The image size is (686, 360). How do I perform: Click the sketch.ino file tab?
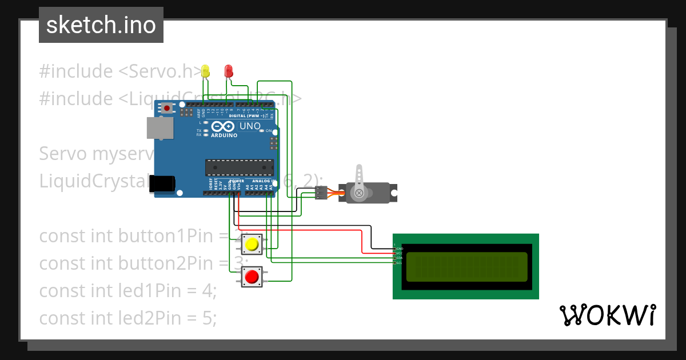pos(101,25)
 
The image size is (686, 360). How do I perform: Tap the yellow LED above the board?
pos(206,71)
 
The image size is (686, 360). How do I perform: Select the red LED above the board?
pos(229,71)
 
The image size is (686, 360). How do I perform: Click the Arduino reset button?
pos(167,107)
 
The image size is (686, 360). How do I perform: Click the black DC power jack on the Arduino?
pos(161,183)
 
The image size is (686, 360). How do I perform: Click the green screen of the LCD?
pos(466,266)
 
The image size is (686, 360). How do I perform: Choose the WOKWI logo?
pos(607,315)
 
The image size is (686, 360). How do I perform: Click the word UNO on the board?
pos(249,126)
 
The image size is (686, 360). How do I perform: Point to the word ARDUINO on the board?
pos(224,135)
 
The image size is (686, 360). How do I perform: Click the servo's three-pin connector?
pos(321,193)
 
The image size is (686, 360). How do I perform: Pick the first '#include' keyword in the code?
pos(76,71)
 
